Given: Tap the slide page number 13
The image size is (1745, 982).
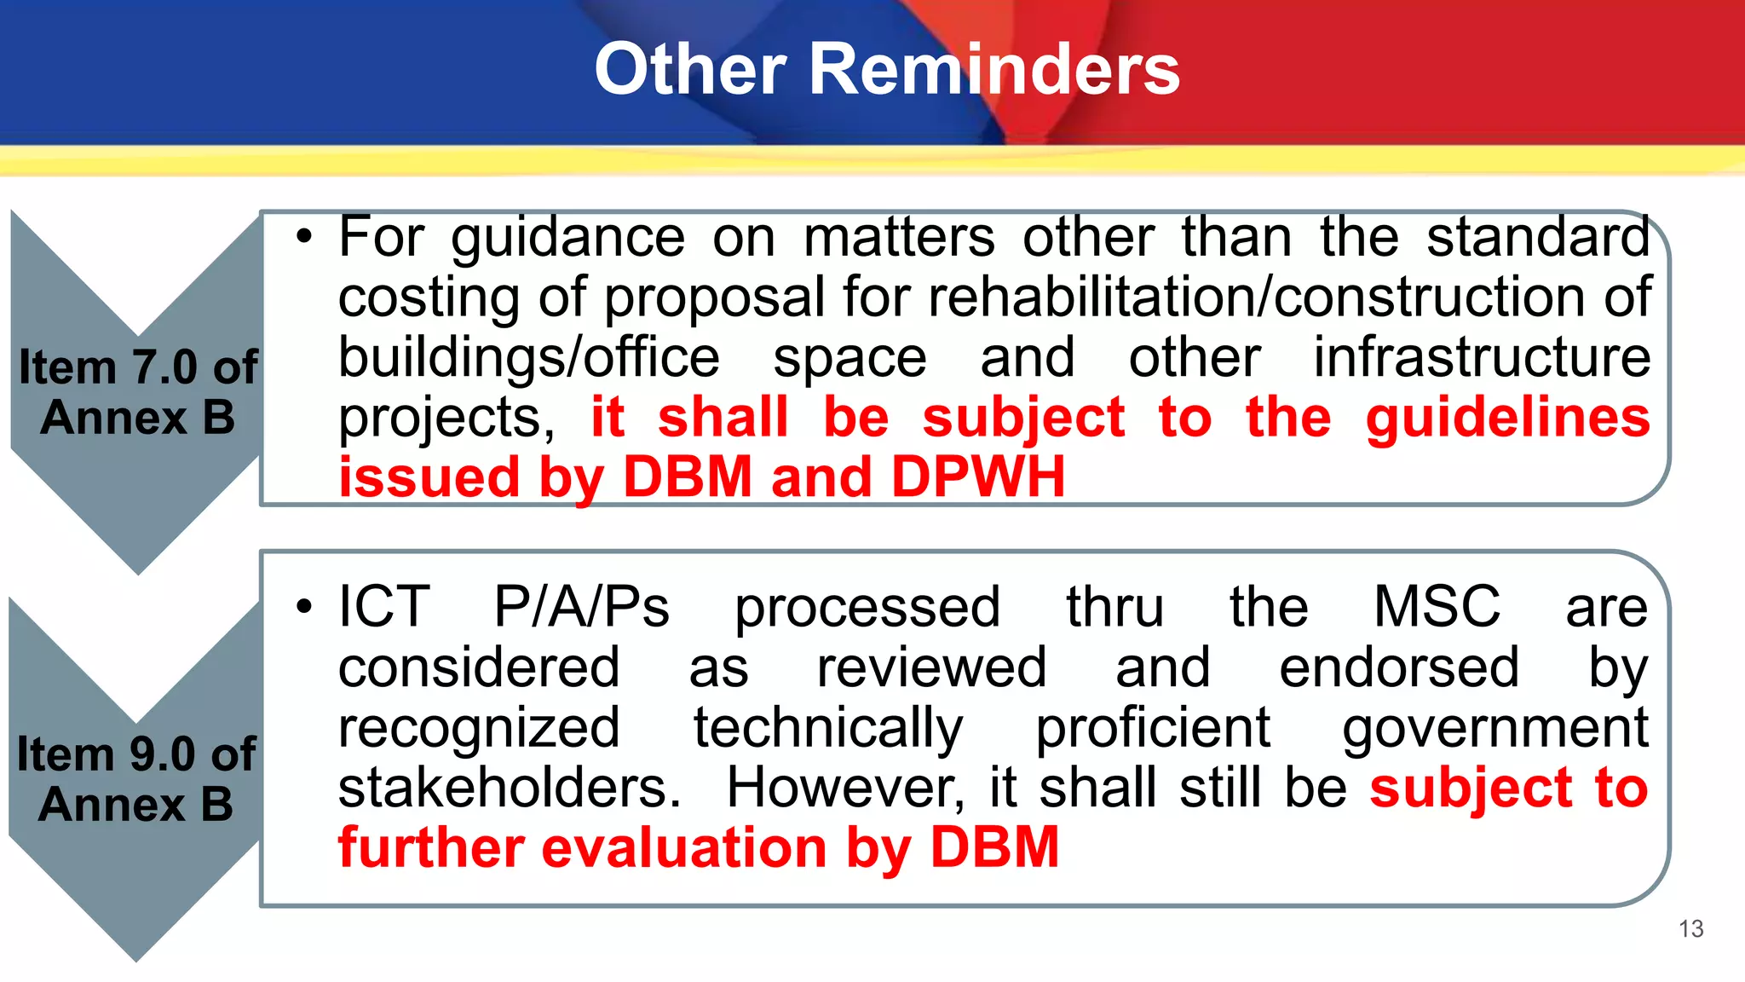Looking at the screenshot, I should [1690, 928].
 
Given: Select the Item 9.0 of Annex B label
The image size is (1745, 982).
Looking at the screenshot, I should [136, 779].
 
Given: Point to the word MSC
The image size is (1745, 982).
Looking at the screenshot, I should [1437, 607].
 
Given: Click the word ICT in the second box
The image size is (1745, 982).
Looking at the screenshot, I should [383, 607].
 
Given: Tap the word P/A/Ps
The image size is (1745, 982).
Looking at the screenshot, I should [582, 607].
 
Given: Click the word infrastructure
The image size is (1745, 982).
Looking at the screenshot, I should [1481, 357].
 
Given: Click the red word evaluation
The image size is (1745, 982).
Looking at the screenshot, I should [684, 848].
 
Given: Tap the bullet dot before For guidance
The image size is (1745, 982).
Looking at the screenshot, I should [305, 238].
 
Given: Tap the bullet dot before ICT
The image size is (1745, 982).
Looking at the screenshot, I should [305, 608].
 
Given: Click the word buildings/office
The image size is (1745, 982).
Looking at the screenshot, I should [529, 357].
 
